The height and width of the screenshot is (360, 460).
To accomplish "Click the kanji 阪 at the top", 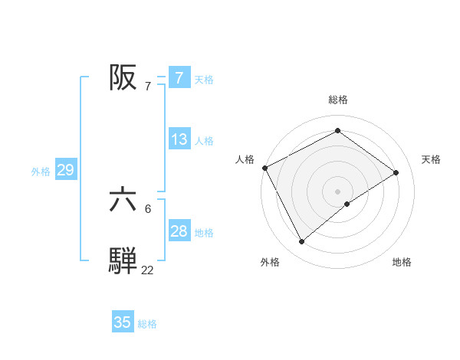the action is point(123,77).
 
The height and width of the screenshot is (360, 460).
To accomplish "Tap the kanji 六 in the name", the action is point(123,201).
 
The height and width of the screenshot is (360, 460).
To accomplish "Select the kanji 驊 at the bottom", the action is point(123,260).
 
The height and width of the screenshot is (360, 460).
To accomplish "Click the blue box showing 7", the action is point(179,78).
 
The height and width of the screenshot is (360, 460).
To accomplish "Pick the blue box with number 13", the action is point(179,139).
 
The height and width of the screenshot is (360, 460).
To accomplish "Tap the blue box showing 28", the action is point(179,231).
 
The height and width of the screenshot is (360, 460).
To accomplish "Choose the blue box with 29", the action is point(65,170).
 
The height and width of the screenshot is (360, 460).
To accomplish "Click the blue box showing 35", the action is point(123,322).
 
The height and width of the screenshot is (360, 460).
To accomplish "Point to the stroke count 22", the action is point(147,270).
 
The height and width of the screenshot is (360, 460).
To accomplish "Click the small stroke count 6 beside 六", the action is point(148,208).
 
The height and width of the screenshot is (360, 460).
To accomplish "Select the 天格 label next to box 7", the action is point(204,79).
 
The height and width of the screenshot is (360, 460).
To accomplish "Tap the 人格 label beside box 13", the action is point(204,141).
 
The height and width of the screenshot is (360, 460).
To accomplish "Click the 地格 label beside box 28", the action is point(204,233).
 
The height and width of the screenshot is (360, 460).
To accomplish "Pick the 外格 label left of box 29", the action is point(41,172).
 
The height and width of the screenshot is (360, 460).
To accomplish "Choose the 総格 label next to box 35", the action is point(147,324).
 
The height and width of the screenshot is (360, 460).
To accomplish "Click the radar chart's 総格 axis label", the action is point(338,100).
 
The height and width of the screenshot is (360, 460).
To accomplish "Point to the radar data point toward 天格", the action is point(396,172).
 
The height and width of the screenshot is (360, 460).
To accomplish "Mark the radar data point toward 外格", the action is point(302,242).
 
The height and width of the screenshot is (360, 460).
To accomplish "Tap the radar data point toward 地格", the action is point(347,204).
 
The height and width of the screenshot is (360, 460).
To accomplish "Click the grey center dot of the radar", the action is point(338,191).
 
